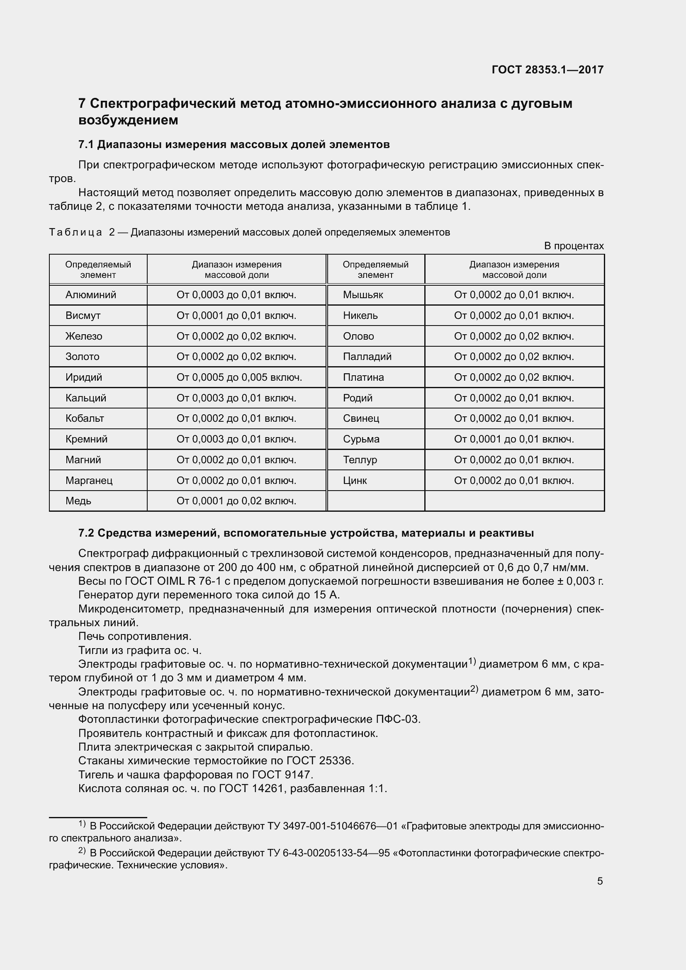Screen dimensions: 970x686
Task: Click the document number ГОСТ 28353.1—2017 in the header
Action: pos(547,70)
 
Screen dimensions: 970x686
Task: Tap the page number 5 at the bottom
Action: pos(600,881)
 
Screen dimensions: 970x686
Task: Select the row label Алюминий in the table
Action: pos(90,295)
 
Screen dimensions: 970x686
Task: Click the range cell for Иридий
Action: pos(239,377)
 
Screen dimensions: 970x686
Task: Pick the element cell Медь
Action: pos(78,501)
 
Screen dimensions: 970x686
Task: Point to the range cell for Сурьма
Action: pos(513,439)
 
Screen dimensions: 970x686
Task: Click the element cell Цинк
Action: pos(355,480)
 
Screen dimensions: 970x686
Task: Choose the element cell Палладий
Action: pos(367,357)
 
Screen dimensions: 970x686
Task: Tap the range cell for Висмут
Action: pos(236,316)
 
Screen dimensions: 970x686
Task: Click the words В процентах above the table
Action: pos(574,246)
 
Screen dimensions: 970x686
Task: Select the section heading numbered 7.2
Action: pos(306,533)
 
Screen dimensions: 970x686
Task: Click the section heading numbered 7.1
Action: pos(234,144)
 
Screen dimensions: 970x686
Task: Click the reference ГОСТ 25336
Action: pos(320,761)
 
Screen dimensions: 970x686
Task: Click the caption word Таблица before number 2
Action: pos(75,232)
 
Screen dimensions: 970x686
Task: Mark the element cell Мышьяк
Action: pos(363,295)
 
